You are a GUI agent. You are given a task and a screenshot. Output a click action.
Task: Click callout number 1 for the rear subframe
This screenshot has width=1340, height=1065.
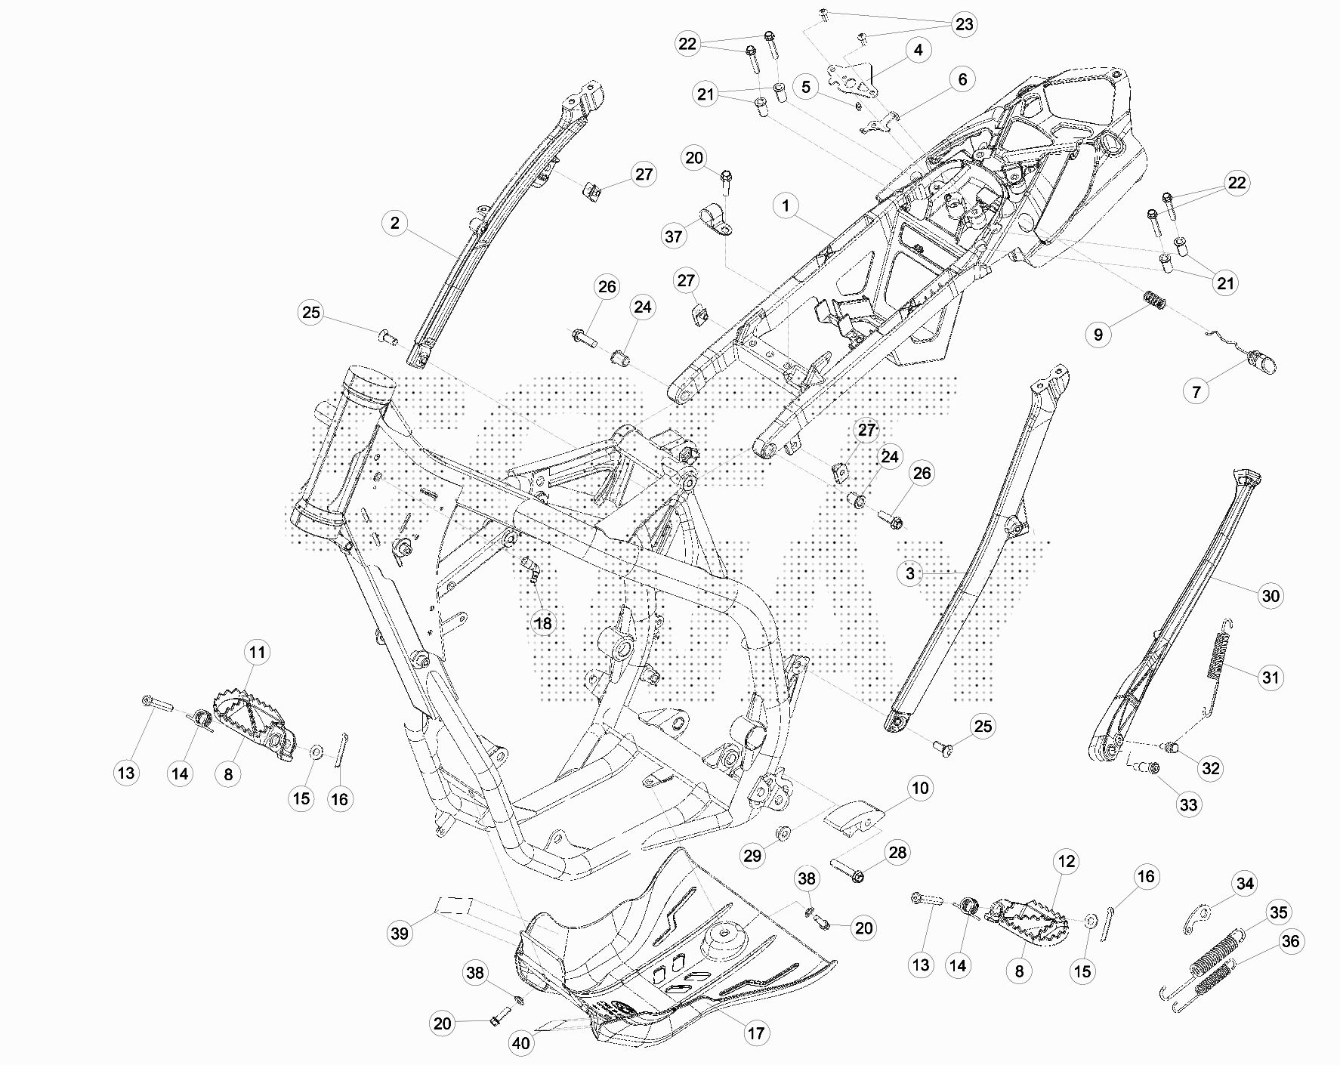tap(786, 205)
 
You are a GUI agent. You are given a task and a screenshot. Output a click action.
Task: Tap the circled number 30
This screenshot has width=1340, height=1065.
tap(1271, 596)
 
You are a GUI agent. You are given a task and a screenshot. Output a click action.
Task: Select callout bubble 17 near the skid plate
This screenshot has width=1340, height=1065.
tap(756, 1033)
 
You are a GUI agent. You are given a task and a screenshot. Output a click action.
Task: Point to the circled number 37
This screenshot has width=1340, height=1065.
tap(673, 236)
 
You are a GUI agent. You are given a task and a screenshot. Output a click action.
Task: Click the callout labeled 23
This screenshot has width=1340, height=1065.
tap(965, 24)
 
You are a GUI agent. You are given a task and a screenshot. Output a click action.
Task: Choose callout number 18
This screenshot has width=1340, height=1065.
tap(543, 623)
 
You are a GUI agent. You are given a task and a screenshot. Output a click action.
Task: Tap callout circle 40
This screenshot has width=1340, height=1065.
tap(521, 1044)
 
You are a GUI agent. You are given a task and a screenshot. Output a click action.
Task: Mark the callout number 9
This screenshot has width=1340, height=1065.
tap(1099, 334)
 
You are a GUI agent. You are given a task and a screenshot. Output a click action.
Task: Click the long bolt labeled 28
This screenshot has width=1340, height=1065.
tap(848, 869)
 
